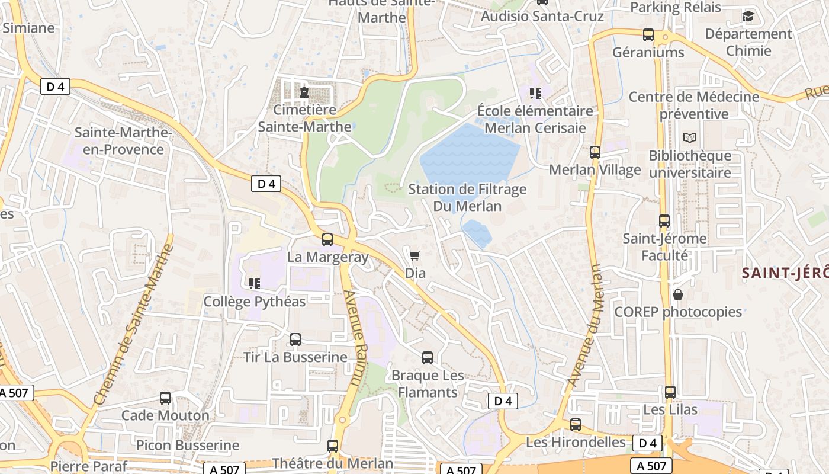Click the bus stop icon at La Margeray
tap(327, 239)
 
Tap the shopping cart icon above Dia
tap(415, 255)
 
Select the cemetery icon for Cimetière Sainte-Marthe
tap(304, 92)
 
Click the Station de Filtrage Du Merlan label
tap(467, 198)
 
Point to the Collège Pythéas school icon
tap(255, 283)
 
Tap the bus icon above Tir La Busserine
tap(295, 340)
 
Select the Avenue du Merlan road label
tap(584, 325)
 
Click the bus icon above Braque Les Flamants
tap(427, 358)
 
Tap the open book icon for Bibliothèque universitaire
tap(689, 138)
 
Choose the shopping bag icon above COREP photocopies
tap(678, 294)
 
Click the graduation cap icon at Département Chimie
tap(748, 16)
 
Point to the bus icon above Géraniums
tap(648, 35)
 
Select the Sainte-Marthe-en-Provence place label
tap(123, 141)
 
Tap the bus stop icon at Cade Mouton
tap(165, 398)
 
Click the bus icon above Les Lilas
tap(670, 392)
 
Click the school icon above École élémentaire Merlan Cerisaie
tap(535, 94)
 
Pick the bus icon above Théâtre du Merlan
tap(333, 446)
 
